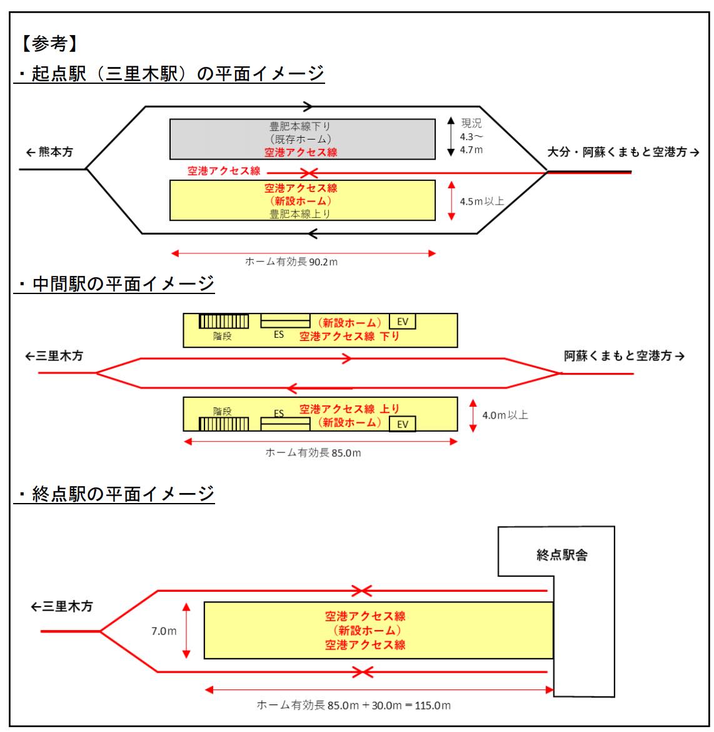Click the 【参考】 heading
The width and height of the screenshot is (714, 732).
tap(49, 44)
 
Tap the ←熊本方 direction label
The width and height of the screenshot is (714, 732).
tap(49, 152)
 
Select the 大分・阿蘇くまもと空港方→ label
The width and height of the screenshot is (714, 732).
tap(623, 152)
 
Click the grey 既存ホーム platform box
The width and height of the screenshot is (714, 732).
tap(303, 139)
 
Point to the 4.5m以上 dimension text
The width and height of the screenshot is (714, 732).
tap(481, 201)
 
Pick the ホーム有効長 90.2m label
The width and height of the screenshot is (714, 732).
tap(291, 262)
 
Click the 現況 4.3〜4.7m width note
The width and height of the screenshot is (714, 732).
tap(471, 136)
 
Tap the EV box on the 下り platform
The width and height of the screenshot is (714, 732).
tap(403, 322)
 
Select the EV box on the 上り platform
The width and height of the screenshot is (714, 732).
tap(403, 424)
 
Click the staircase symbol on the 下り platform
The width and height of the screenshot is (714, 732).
tap(223, 322)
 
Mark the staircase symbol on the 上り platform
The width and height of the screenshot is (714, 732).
tap(223, 424)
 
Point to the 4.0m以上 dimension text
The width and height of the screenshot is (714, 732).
tap(505, 415)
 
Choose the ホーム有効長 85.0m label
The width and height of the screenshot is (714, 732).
tap(313, 452)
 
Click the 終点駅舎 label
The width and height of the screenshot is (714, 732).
tap(562, 554)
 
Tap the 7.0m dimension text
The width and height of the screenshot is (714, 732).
tap(163, 631)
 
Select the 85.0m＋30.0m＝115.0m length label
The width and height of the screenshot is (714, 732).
tap(353, 705)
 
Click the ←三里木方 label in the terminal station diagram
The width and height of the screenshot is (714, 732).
tap(62, 606)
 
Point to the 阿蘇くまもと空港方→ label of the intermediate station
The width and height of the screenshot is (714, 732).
tap(624, 356)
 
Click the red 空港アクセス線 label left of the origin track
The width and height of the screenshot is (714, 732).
tap(224, 171)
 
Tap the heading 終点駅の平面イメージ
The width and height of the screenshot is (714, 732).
tap(116, 494)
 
